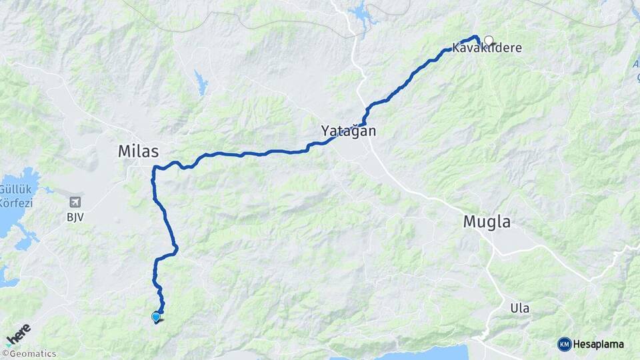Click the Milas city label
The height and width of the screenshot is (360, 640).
coord(139,151)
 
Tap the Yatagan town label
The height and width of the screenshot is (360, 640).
coord(349,131)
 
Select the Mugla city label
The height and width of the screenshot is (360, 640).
coord(487,222)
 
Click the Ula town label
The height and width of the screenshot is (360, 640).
coord(519,308)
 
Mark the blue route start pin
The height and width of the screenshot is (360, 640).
coord(156,317)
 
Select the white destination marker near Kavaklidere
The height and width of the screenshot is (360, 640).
coord(489,40)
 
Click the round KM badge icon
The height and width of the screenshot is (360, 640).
coord(564,344)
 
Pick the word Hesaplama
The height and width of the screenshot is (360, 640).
coord(599,345)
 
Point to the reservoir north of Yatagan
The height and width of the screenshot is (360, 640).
coord(360,12)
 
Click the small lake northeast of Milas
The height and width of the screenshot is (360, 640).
coord(201,84)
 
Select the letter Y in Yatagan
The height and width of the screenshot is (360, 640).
coord(326,131)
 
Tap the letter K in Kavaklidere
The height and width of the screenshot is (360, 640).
coord(456,49)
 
